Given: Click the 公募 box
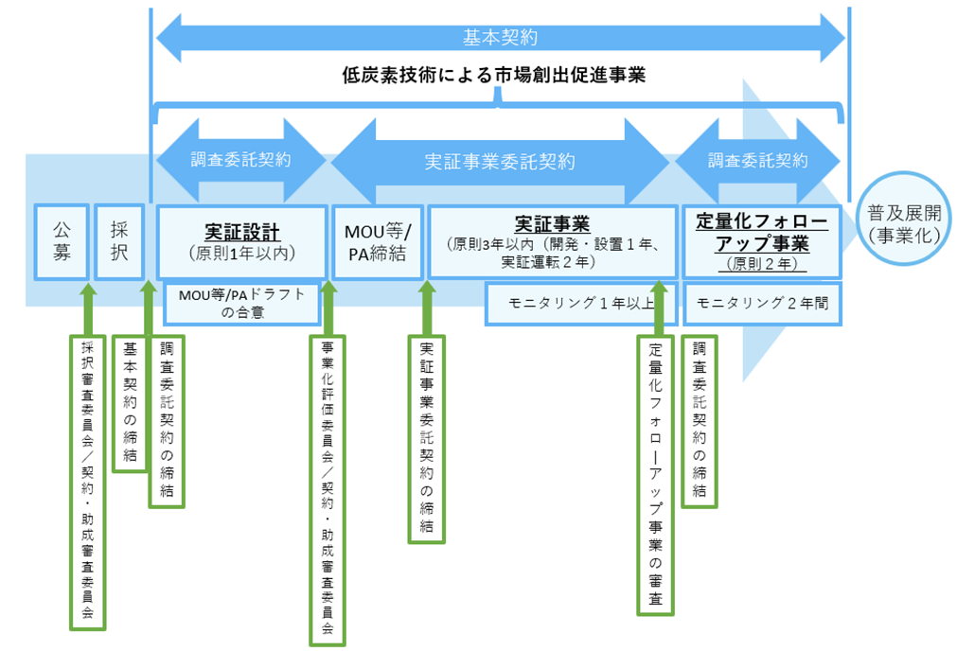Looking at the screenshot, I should [62, 241].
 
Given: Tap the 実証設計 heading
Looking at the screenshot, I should [241, 231].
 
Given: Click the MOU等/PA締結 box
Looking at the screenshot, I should [376, 242].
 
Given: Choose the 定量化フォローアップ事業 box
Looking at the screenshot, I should [761, 242].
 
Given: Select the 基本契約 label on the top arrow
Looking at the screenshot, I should [500, 38].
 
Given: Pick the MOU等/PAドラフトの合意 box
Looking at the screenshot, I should [242, 302].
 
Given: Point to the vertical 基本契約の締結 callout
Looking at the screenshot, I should [130, 402].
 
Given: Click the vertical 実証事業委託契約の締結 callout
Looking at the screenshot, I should [426, 438].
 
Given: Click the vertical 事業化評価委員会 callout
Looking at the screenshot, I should [328, 488].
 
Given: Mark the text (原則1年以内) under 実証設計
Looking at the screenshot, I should [241, 254].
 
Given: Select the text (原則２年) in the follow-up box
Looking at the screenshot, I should [761, 264].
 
